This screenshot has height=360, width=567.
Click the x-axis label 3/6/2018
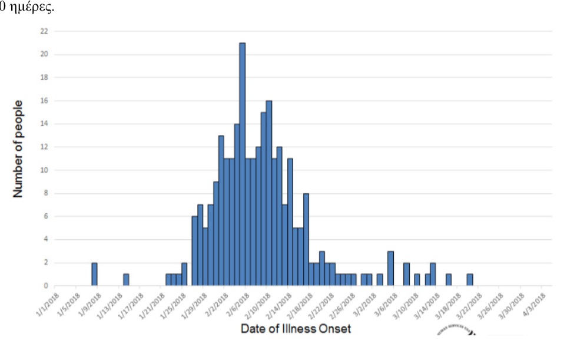393,304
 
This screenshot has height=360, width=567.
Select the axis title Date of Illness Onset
296,329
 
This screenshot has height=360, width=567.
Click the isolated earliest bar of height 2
94,275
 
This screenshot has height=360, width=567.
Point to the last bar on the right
470,280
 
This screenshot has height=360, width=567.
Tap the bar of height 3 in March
390,269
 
